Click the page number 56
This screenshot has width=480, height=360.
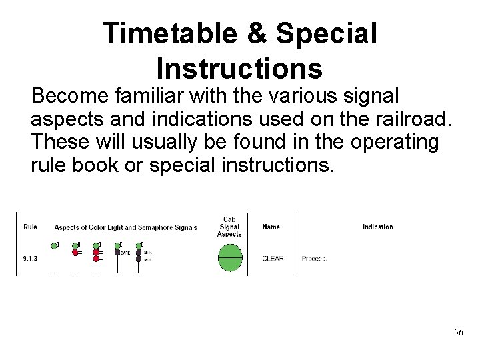458,332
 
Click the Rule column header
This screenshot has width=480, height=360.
30,227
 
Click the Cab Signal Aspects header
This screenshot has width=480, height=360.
230,227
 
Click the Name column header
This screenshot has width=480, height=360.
271,227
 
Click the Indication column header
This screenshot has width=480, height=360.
377,227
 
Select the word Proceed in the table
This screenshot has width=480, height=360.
314,258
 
